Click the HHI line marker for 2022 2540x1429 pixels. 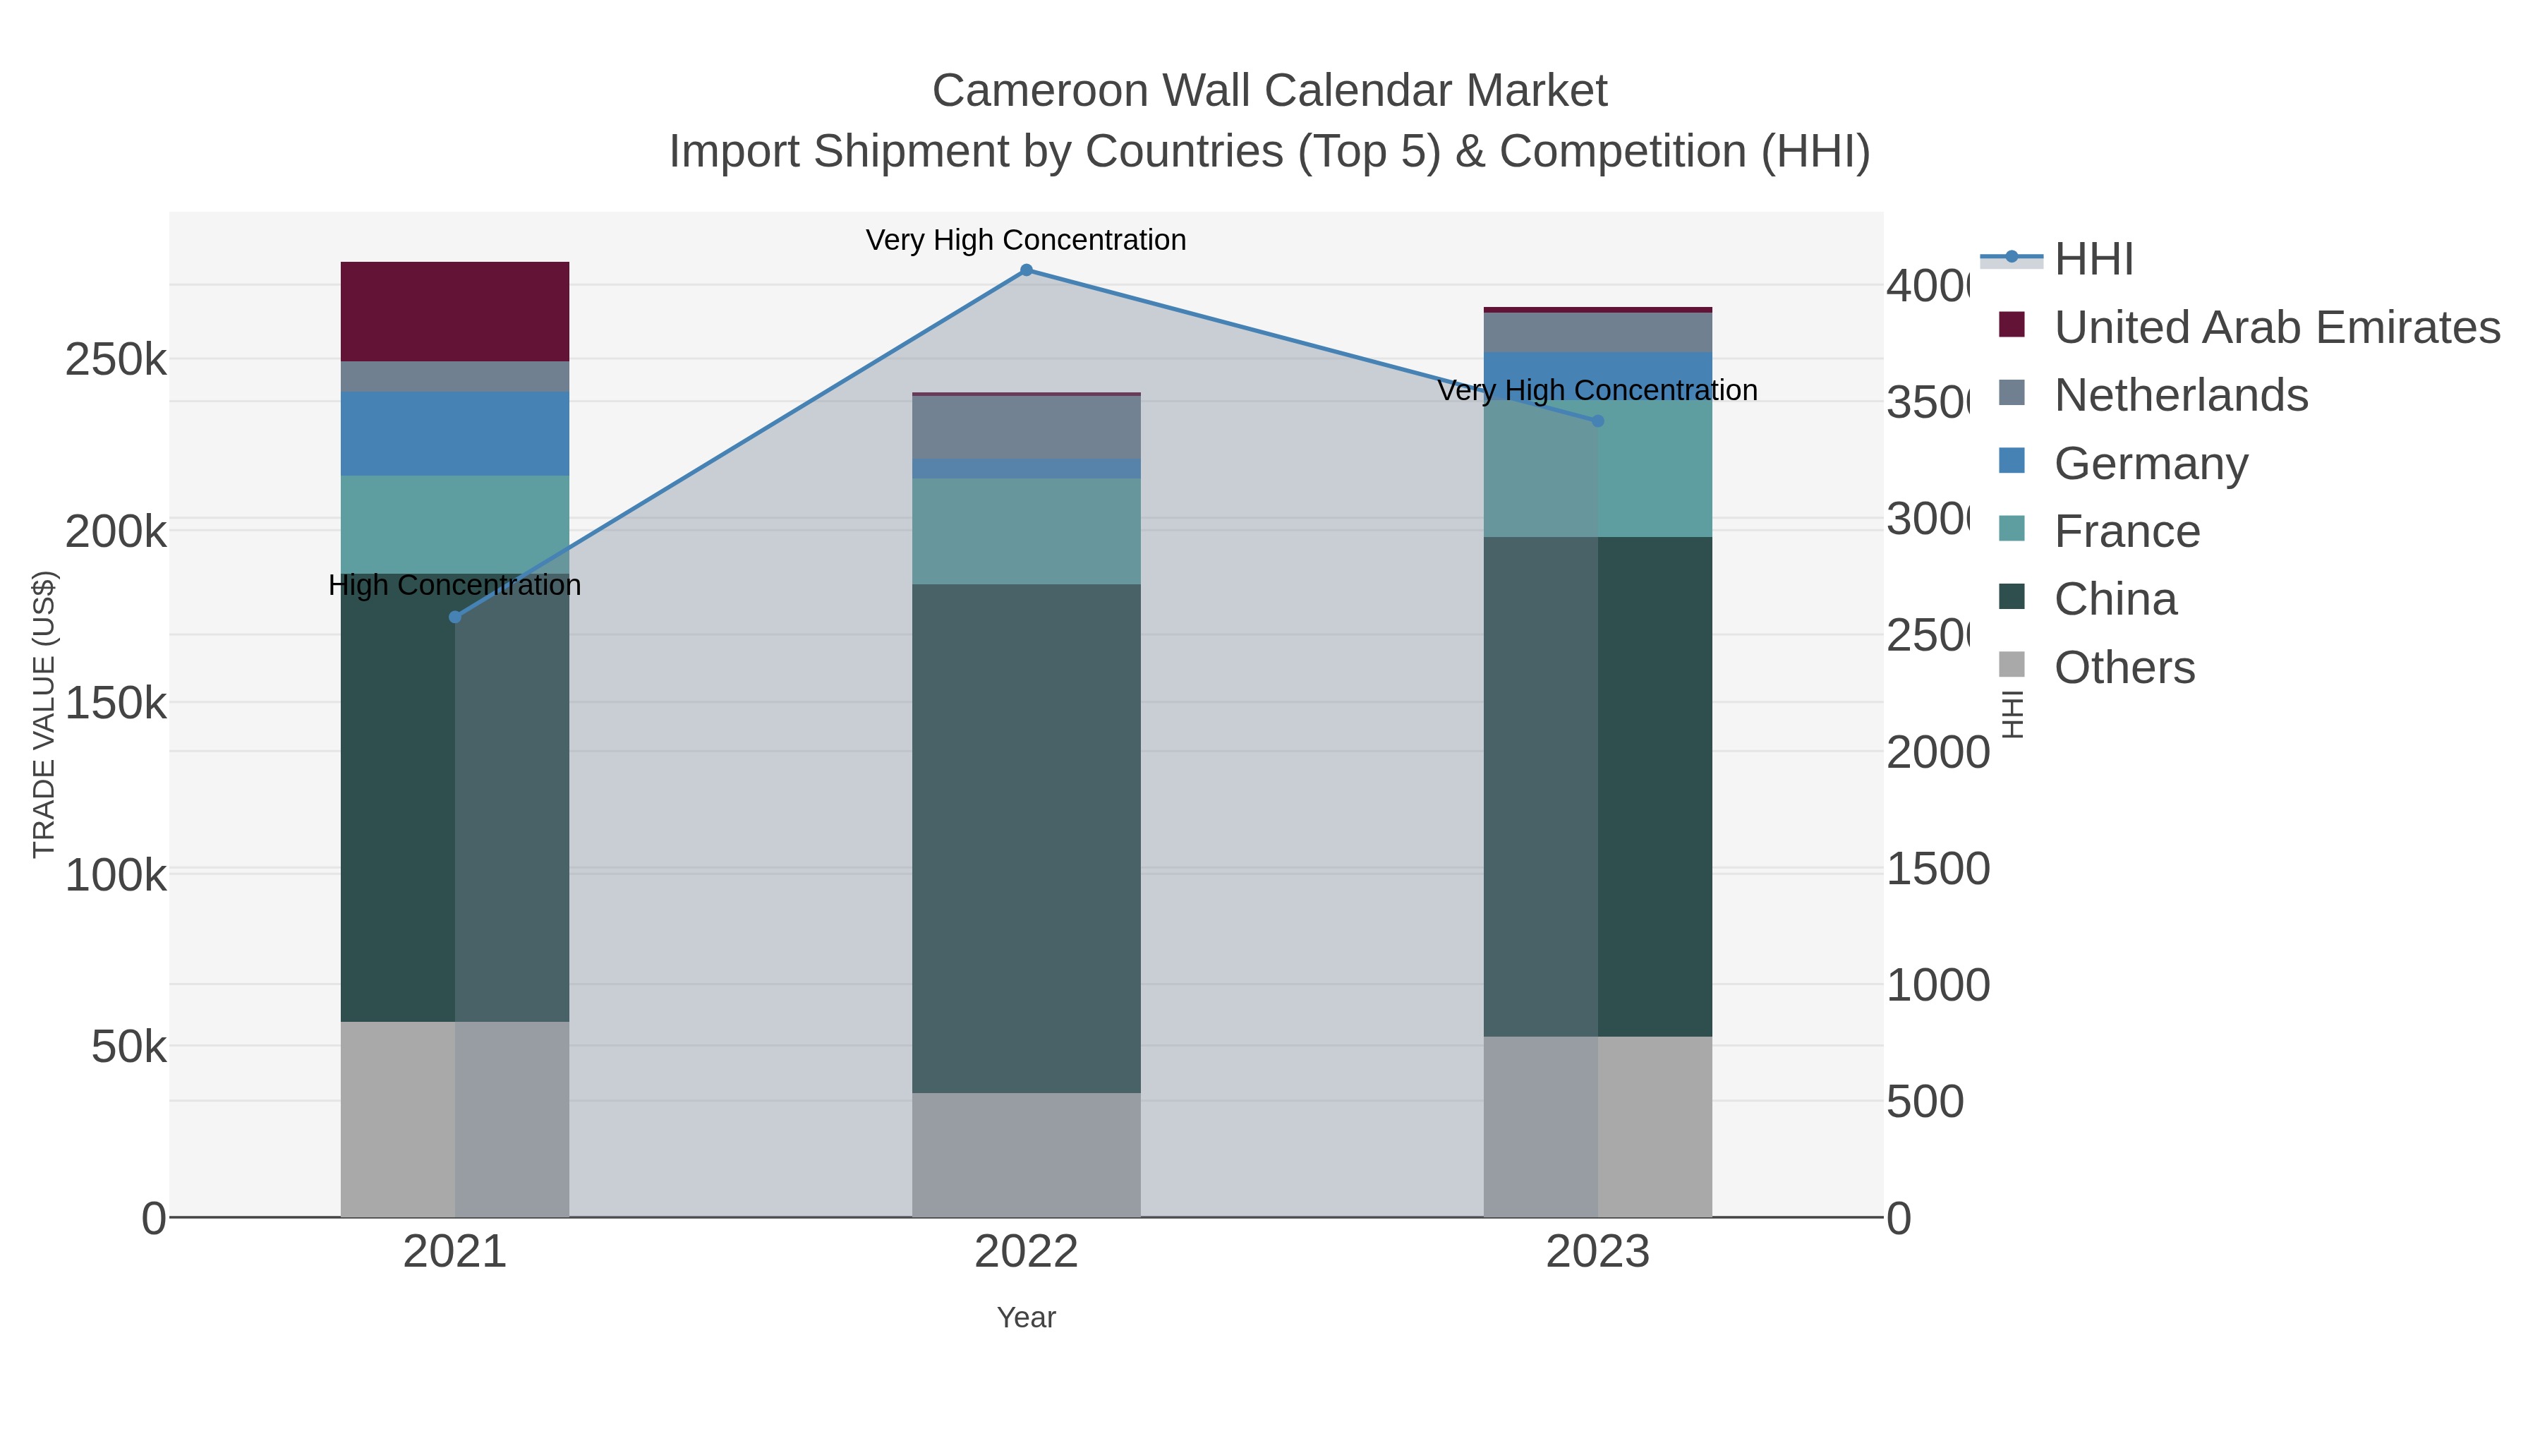tap(1025, 270)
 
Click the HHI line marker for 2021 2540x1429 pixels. tap(454, 617)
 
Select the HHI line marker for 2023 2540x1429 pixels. tap(1597, 421)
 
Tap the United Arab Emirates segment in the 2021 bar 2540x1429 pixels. tap(454, 312)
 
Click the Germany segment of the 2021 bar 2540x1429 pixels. tap(454, 434)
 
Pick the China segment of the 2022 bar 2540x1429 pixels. tap(1025, 838)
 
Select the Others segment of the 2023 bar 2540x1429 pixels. tap(1597, 1126)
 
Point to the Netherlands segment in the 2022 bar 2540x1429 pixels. tap(1025, 427)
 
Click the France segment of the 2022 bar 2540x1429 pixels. tap(1025, 531)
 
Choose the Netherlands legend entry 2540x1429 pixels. tap(2180, 395)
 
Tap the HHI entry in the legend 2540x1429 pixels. tap(2093, 260)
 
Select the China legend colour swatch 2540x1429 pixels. tap(2012, 598)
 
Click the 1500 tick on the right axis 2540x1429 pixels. tap(1937, 870)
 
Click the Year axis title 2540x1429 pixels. tap(1025, 1318)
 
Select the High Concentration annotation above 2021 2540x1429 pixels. tap(454, 586)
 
